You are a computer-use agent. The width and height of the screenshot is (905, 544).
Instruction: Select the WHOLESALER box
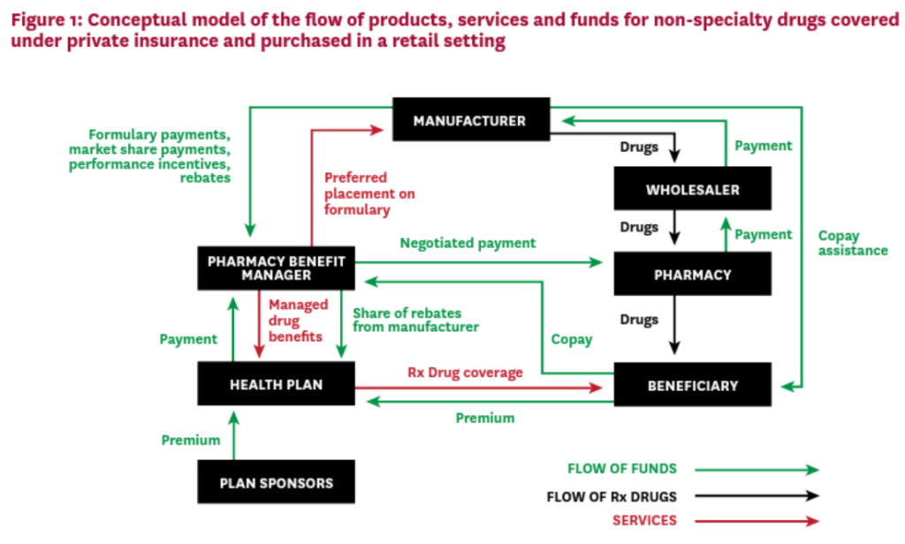[692, 189]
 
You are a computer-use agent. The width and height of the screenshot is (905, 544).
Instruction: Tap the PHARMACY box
[692, 274]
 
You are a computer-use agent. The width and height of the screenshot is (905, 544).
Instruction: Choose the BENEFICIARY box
[692, 385]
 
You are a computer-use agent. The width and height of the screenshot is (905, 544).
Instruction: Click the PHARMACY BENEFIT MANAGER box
[276, 268]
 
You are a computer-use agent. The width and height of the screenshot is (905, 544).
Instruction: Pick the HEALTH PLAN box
[276, 385]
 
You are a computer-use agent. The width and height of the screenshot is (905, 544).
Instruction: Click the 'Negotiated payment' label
[468, 243]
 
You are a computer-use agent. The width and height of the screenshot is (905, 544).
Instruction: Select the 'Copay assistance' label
[852, 243]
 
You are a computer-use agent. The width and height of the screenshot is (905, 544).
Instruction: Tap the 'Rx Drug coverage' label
[465, 373]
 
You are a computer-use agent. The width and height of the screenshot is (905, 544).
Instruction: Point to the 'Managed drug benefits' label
[299, 321]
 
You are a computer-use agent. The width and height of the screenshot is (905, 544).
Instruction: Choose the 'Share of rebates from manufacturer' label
[414, 320]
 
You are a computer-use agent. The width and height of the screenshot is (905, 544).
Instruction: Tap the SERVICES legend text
[645, 520]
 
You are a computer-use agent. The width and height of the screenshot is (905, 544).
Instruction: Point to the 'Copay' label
[571, 339]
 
